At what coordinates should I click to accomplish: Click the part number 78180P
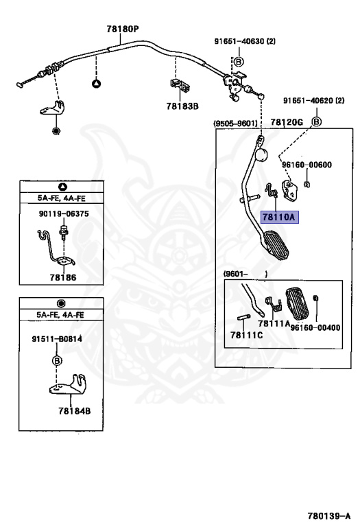point(123,29)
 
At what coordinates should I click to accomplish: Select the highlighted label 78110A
point(279,217)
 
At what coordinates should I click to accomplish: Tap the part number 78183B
point(182,106)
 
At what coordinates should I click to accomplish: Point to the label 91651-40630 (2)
point(245,41)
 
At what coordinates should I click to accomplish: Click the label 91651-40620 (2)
point(313,100)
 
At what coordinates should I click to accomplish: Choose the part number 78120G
point(287,122)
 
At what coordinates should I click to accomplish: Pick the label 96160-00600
point(307,165)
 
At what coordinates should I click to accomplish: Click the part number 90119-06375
point(64,214)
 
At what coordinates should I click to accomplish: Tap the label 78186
point(63,277)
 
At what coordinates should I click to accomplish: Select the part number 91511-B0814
point(57,339)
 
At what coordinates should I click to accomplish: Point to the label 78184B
point(75,411)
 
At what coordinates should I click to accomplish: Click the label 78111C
point(246,335)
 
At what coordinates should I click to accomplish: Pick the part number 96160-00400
point(315,327)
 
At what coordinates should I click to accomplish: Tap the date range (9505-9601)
point(236,124)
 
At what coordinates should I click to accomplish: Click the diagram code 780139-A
point(329,515)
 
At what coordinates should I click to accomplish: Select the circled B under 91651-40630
point(238,62)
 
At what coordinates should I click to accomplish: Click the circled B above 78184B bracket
point(57,361)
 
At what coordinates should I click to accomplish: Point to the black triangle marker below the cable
point(97,83)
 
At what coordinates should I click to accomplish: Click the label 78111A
point(274,323)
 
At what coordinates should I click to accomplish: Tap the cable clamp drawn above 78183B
point(180,85)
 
